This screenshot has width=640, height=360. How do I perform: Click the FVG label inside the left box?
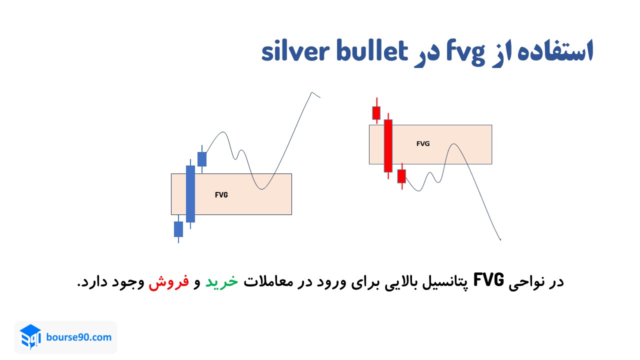(221, 195)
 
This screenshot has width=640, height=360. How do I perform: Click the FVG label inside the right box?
(423, 143)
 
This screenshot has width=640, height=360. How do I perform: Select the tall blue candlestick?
(190, 193)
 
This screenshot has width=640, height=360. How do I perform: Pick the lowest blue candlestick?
(178, 229)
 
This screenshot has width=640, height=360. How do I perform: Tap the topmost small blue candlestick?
(202, 159)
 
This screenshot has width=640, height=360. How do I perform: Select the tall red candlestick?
(388, 145)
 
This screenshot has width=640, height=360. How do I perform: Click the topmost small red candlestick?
(376, 112)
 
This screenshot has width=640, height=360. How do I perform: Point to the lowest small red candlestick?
(401, 176)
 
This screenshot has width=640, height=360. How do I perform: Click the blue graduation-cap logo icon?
(30, 337)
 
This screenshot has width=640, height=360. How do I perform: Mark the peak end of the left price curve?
(313, 92)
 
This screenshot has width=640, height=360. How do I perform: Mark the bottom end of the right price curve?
(500, 239)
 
